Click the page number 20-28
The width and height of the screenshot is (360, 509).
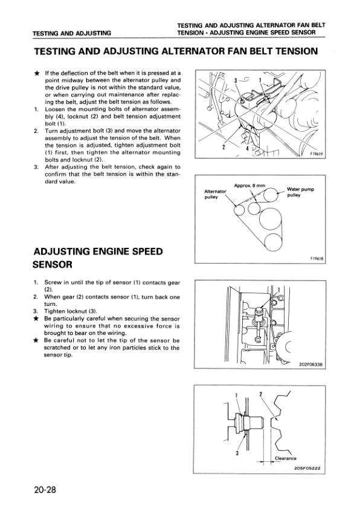pyautogui.click(x=45, y=489)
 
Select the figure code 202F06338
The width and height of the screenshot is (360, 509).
pyautogui.click(x=310, y=365)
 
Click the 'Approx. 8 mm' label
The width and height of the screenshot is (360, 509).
pyautogui.click(x=249, y=186)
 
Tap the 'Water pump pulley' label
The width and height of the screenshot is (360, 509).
pyautogui.click(x=300, y=192)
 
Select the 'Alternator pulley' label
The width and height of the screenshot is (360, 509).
pyautogui.click(x=215, y=195)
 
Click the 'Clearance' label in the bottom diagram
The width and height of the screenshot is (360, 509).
pyautogui.click(x=286, y=458)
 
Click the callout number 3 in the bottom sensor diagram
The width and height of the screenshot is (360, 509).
pyautogui.click(x=237, y=453)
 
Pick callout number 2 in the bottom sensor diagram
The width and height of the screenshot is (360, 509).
pyautogui.click(x=260, y=394)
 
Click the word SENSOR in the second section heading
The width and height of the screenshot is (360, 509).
pyautogui.click(x=53, y=265)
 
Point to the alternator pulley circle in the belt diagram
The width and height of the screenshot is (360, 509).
pyautogui.click(x=240, y=211)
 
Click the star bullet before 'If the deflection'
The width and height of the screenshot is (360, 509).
pyautogui.click(x=37, y=73)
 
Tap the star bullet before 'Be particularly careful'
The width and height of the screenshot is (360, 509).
pyautogui.click(x=37, y=319)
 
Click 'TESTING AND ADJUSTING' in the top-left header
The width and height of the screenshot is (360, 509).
pyautogui.click(x=72, y=33)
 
